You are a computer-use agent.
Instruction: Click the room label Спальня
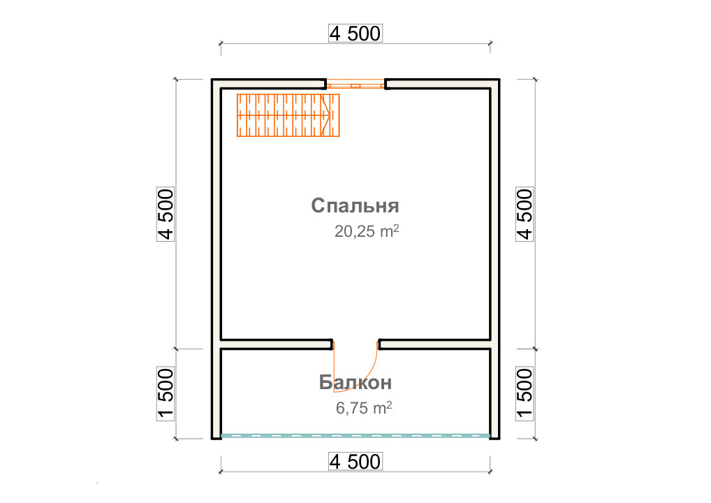(355, 206)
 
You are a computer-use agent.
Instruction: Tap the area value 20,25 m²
(367, 231)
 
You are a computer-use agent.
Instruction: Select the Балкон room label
(355, 382)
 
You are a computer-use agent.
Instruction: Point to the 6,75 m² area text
(364, 408)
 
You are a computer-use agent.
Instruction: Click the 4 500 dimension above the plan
(355, 34)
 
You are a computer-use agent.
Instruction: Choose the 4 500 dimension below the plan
(355, 462)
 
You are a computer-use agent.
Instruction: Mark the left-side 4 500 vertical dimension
(166, 214)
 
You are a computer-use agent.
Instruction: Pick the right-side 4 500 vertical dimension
(525, 214)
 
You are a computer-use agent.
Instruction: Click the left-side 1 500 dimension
(166, 394)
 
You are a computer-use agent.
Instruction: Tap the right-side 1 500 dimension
(525, 394)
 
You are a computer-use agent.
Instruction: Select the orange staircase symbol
(288, 115)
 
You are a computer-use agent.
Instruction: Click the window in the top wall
(356, 85)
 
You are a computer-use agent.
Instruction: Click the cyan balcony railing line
(355, 436)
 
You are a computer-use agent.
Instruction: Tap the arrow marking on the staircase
(325, 115)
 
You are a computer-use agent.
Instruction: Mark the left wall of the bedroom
(217, 213)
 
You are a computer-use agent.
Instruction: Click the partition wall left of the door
(277, 344)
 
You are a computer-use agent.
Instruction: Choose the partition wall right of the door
(434, 344)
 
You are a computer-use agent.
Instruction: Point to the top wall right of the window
(442, 84)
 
